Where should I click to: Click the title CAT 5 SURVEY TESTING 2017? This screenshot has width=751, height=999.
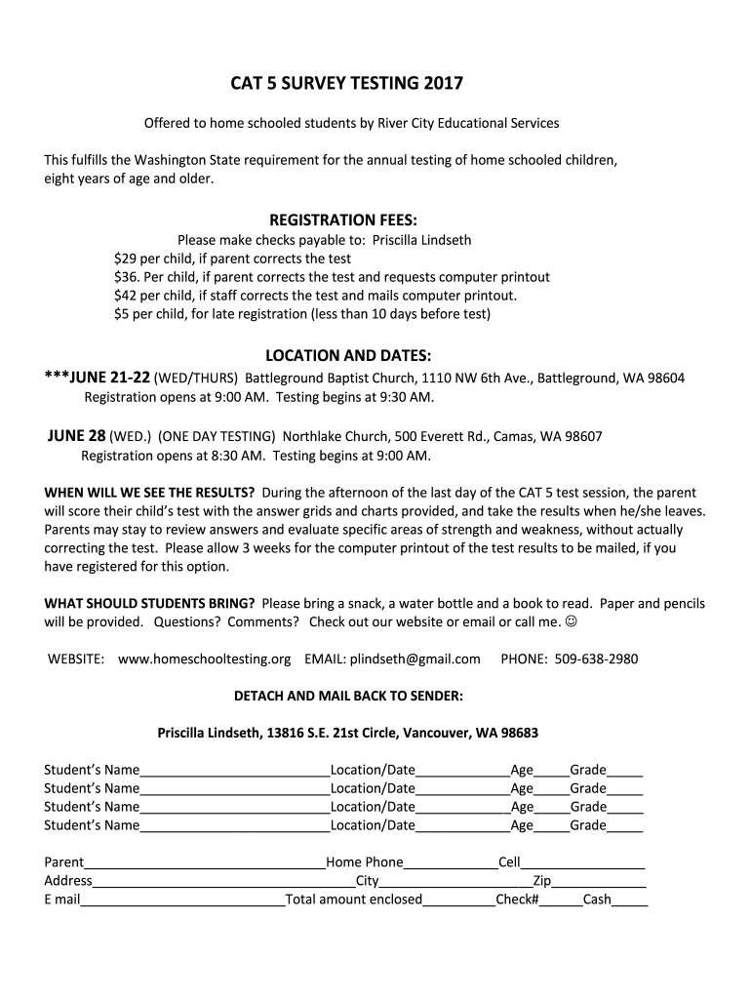coord(346,85)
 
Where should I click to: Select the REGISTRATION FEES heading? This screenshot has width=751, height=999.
coord(349,220)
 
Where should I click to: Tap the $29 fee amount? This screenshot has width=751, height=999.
coord(125,259)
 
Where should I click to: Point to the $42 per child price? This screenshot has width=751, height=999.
coord(125,296)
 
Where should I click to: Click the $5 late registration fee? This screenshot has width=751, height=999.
coord(121,314)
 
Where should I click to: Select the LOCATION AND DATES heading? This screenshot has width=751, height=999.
coord(348,356)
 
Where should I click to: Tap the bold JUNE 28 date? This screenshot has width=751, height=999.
coord(77,436)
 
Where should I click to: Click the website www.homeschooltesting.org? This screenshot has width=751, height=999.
coord(204,659)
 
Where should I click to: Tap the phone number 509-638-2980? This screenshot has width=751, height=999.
coord(596,659)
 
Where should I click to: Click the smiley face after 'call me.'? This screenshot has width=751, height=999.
coord(583,622)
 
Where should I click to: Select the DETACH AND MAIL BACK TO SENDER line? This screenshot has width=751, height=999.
coord(348,697)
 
